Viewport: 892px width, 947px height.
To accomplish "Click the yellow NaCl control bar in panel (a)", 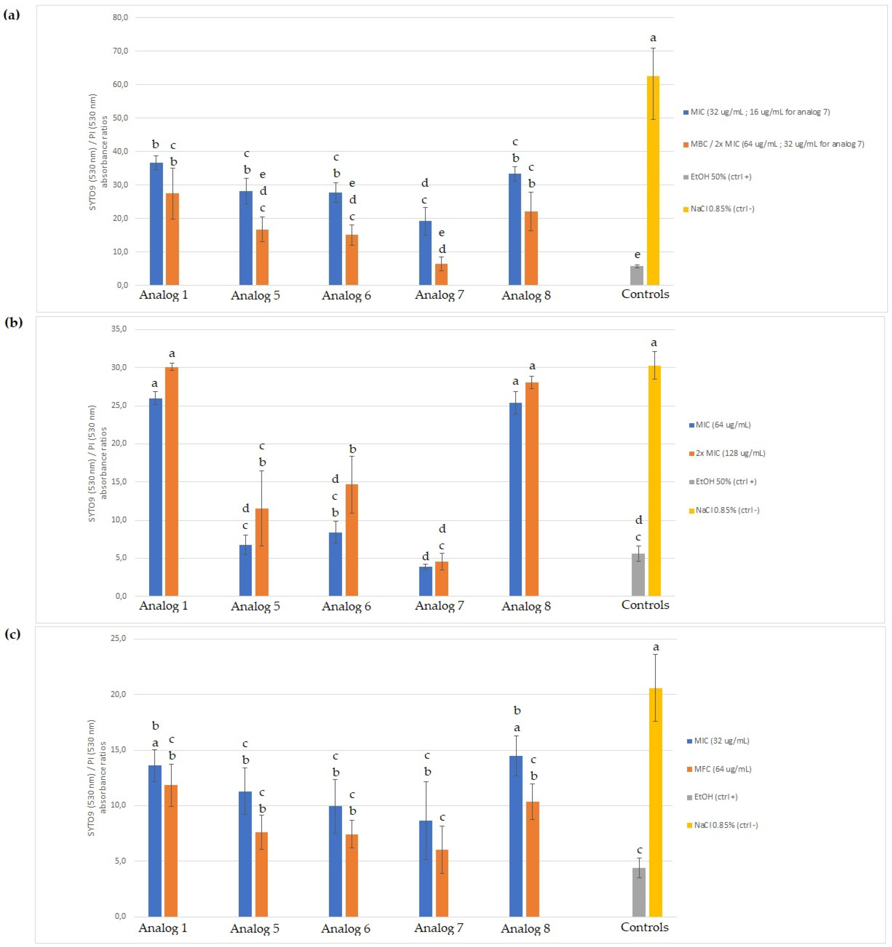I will click(653, 181).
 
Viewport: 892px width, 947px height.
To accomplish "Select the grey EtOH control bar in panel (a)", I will click(637, 276).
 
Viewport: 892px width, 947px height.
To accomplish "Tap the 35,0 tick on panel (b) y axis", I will click(119, 329).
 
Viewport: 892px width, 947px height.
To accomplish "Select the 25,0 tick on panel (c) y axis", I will click(118, 638).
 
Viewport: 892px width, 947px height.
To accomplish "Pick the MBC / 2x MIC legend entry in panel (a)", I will click(777, 144).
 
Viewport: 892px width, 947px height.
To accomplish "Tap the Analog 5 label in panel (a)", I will click(255, 295).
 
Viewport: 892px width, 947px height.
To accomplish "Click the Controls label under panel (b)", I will click(645, 605).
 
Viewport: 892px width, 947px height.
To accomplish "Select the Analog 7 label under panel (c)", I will click(438, 928).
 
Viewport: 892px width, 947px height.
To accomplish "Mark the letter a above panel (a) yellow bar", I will click(653, 38).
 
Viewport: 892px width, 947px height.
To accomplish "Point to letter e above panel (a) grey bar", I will click(637, 255).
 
